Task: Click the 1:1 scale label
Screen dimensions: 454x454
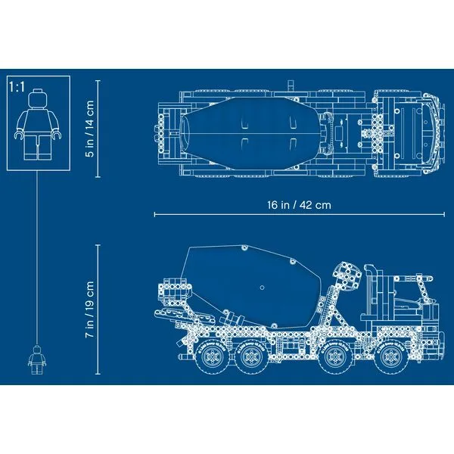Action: point(17,86)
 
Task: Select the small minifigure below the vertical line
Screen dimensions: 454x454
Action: point(34,359)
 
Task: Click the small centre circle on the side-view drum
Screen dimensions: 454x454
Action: point(262,288)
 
